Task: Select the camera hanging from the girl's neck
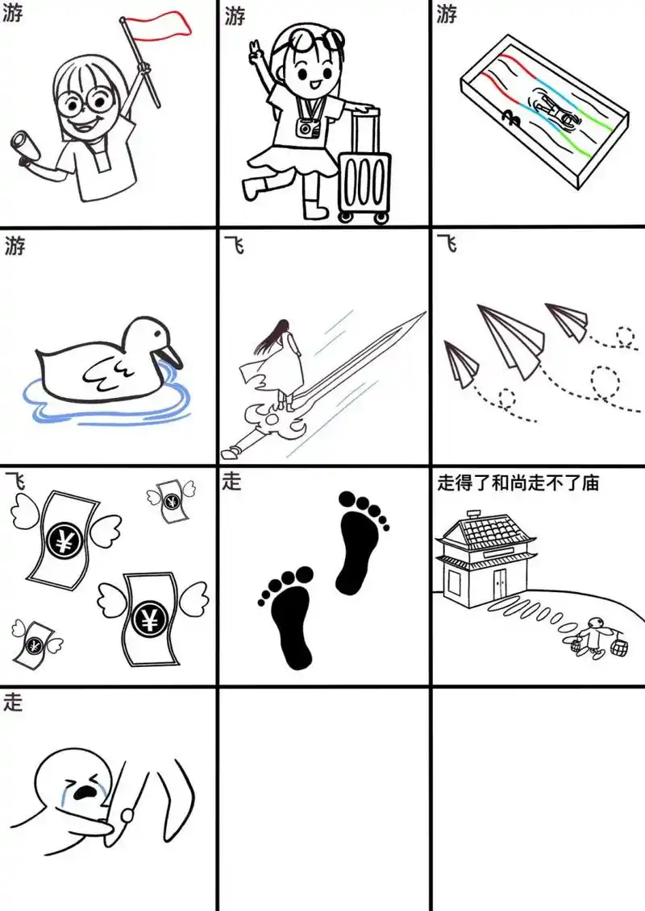(x=306, y=126)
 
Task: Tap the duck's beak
(x=172, y=354)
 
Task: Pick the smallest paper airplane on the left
(x=460, y=362)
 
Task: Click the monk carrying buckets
(x=594, y=637)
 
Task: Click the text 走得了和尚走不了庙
(x=518, y=483)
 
